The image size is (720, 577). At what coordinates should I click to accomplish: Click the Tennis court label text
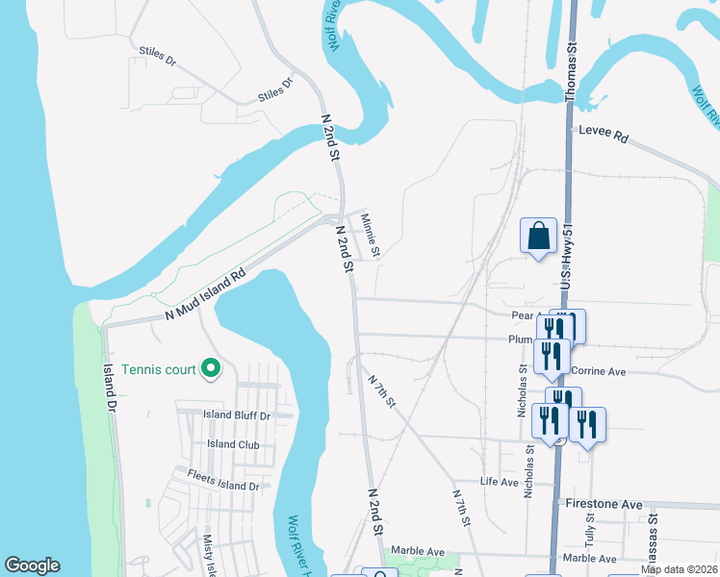[x=159, y=369]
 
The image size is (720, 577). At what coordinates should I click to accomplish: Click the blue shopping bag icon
[x=538, y=236]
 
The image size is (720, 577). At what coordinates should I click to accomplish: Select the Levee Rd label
[x=604, y=135]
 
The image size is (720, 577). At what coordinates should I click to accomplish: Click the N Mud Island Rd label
[x=205, y=294]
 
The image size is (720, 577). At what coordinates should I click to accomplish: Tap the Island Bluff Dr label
[x=237, y=415]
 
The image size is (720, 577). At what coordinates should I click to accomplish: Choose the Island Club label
[x=234, y=444]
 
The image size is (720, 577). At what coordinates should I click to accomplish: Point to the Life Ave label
[x=500, y=481]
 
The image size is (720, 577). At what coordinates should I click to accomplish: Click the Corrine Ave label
[x=598, y=370]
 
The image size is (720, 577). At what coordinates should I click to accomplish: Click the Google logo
[x=32, y=565]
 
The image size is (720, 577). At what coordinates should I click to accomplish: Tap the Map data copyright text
[x=680, y=569]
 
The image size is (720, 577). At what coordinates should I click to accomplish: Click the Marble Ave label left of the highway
[x=418, y=552]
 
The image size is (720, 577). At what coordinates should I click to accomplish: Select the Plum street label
[x=520, y=339]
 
